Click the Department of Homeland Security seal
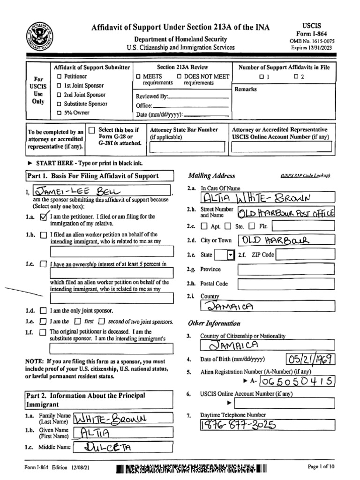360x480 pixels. coord(40,36)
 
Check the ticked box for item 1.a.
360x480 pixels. coord(44,217)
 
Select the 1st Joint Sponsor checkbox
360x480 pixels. coord(59,86)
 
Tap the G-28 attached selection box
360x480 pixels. coord(92,130)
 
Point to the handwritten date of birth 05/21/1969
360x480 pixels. coord(311,360)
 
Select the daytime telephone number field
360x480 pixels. coord(267,425)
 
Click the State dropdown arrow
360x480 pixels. coord(230,255)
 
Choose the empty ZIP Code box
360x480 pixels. coord(305,255)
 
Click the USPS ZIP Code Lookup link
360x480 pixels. coord(305,175)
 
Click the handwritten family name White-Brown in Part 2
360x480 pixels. coord(110,418)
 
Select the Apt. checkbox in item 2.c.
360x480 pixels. coord(204,226)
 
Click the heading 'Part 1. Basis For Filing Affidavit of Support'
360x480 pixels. coord(92,176)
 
